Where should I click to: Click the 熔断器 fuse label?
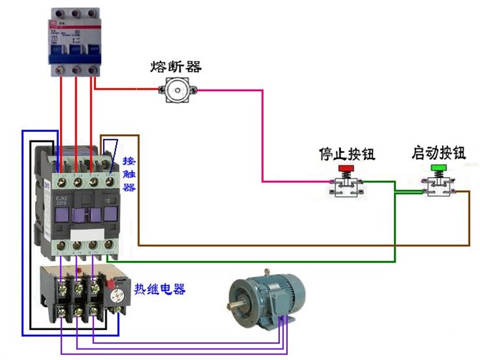[x=176, y=67]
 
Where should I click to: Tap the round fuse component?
[x=176, y=90]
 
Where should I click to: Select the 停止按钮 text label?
[x=347, y=154]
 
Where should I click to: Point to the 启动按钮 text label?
[x=438, y=153]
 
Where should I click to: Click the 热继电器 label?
[x=160, y=290]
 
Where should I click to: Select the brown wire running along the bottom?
[x=287, y=245]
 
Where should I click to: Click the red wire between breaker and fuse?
[x=125, y=90]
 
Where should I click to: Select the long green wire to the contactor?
[x=251, y=261]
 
